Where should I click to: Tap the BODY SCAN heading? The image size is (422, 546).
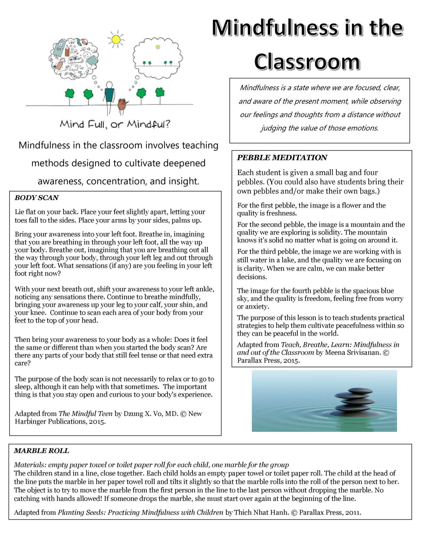coord(37,198)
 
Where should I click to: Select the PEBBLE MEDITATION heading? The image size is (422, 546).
coord(282,158)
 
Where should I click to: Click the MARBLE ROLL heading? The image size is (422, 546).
coord(41,451)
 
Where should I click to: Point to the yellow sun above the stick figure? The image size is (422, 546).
coord(116,39)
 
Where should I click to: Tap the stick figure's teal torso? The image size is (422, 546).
coord(109,95)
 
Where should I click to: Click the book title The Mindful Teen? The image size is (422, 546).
coord(86,414)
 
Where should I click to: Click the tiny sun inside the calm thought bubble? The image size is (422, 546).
coord(158,47)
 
